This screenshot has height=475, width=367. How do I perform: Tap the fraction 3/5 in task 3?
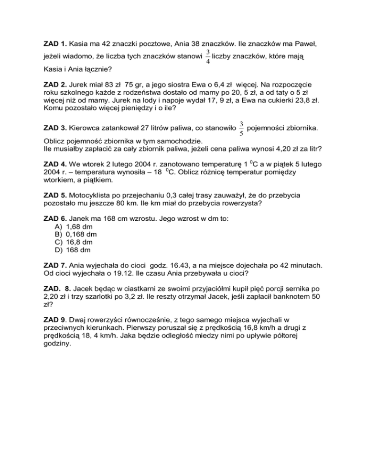[242, 129]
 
